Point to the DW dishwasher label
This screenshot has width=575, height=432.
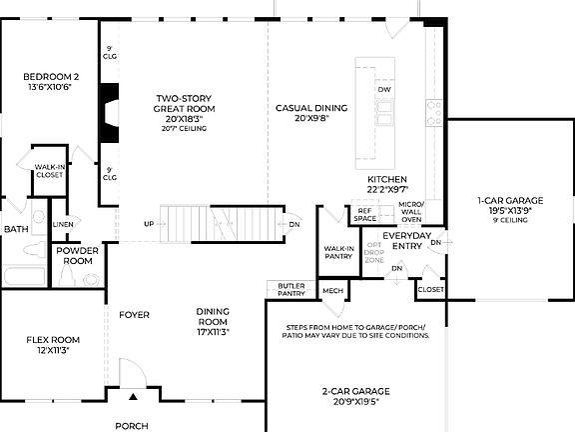point(384,91)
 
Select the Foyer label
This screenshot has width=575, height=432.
point(134,315)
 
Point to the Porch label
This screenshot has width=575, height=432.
point(131,426)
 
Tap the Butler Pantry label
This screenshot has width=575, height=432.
point(291,289)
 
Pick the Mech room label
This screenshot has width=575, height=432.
point(332,291)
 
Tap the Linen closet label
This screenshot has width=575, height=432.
point(63,224)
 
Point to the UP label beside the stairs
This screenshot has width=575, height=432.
point(149,223)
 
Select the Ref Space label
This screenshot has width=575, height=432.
point(363,215)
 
